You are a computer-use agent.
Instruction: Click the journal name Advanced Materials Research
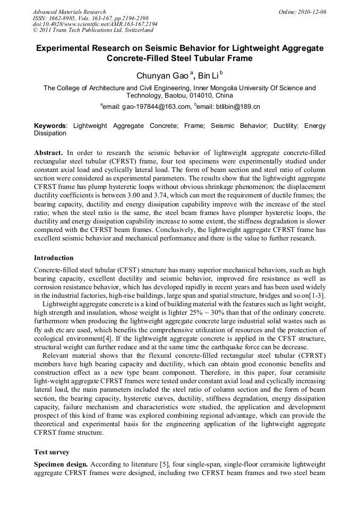69,12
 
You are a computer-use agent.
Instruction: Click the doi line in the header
95,24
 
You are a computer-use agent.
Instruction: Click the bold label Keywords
50,126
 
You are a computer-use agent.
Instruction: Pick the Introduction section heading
54,258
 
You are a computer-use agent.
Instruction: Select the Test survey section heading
52,452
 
